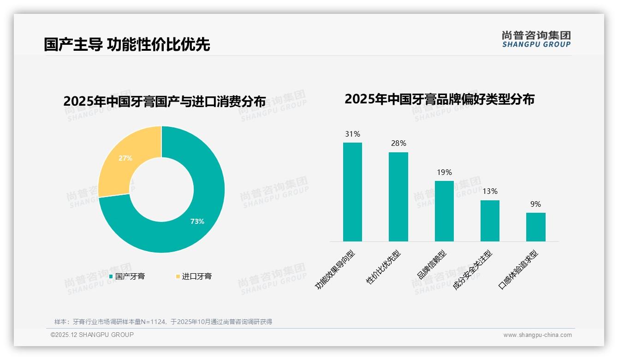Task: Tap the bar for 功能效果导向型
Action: pyautogui.click(x=352, y=192)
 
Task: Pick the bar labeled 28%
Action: pyautogui.click(x=398, y=197)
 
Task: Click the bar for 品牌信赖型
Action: pyautogui.click(x=444, y=211)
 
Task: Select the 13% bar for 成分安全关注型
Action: pyautogui.click(x=490, y=221)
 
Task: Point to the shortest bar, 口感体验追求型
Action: pyautogui.click(x=535, y=227)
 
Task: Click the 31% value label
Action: pyautogui.click(x=352, y=134)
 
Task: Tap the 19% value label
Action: pyautogui.click(x=444, y=173)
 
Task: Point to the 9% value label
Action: pyautogui.click(x=535, y=204)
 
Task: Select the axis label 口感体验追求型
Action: pyautogui.click(x=518, y=270)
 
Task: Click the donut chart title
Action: pyautogui.click(x=165, y=102)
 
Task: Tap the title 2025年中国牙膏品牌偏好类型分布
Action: pyautogui.click(x=439, y=99)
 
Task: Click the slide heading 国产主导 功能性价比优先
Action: pyautogui.click(x=127, y=44)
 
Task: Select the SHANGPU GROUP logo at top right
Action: pyautogui.click(x=536, y=39)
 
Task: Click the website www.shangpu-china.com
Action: pyautogui.click(x=537, y=335)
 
